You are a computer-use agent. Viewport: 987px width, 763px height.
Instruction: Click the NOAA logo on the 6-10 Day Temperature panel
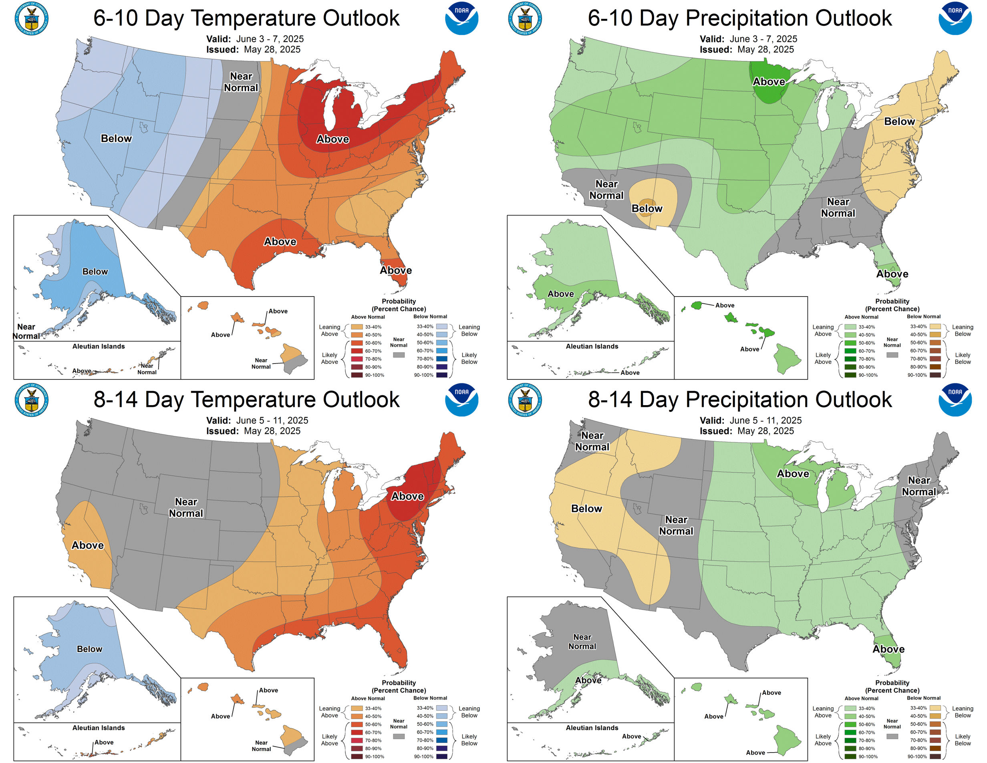[x=461, y=18]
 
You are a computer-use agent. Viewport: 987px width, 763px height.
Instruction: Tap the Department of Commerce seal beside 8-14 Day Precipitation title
[x=525, y=400]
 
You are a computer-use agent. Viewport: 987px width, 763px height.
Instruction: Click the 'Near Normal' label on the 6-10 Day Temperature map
[x=241, y=82]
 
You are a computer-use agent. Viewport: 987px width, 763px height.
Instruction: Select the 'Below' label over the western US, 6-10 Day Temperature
[x=116, y=139]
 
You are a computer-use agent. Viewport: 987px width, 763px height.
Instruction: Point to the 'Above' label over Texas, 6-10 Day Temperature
[x=280, y=242]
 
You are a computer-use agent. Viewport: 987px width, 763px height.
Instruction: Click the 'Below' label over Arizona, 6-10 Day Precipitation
[x=647, y=208]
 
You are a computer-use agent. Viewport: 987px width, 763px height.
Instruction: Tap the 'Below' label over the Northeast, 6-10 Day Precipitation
[x=899, y=121]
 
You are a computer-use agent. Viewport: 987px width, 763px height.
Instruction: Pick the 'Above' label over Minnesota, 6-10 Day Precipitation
[x=769, y=82]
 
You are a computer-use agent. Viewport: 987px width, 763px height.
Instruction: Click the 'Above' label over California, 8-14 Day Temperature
[x=88, y=545]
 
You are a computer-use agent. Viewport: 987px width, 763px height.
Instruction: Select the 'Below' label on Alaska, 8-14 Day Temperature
[x=89, y=649]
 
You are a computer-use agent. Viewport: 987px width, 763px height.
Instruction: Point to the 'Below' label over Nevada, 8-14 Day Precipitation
[x=586, y=509]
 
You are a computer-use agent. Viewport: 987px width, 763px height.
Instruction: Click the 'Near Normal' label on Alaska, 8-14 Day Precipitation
[x=582, y=642]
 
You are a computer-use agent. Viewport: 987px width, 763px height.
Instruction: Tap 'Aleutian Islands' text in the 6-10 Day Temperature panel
[x=99, y=346]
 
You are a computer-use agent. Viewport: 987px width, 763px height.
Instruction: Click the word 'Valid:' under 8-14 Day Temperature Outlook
[x=219, y=420]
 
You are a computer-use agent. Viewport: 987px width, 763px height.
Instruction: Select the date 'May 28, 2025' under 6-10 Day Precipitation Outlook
[x=765, y=50]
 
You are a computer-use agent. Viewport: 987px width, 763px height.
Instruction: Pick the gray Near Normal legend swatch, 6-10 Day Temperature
[x=399, y=355]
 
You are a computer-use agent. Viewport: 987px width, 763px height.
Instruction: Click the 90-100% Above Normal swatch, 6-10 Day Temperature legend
[x=357, y=375]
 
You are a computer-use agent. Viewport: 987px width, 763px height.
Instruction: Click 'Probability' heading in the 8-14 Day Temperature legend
[x=399, y=682]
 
